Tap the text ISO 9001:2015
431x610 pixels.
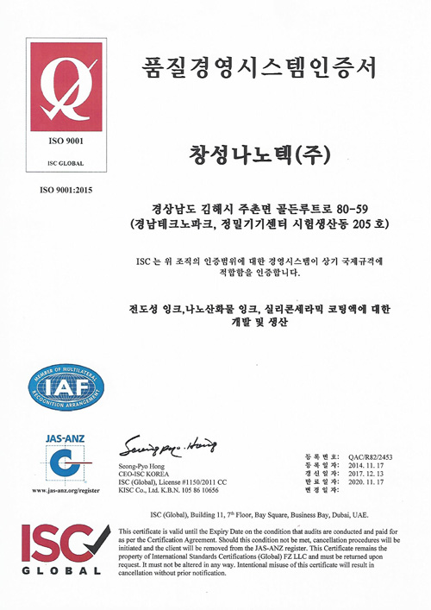[x=66, y=188]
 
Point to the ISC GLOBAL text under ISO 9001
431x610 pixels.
[x=66, y=162]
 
